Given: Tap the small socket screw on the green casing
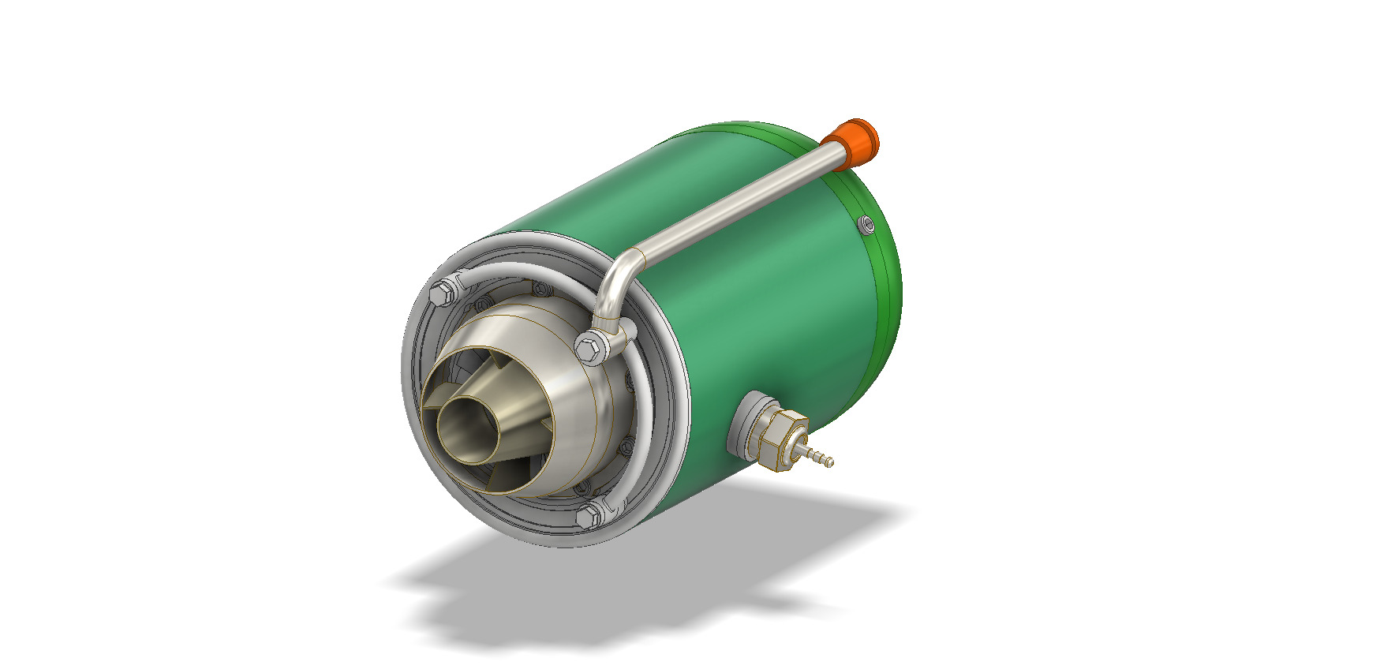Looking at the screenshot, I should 867,226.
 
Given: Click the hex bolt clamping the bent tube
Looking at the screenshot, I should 590,347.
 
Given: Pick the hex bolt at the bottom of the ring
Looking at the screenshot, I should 588,517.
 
